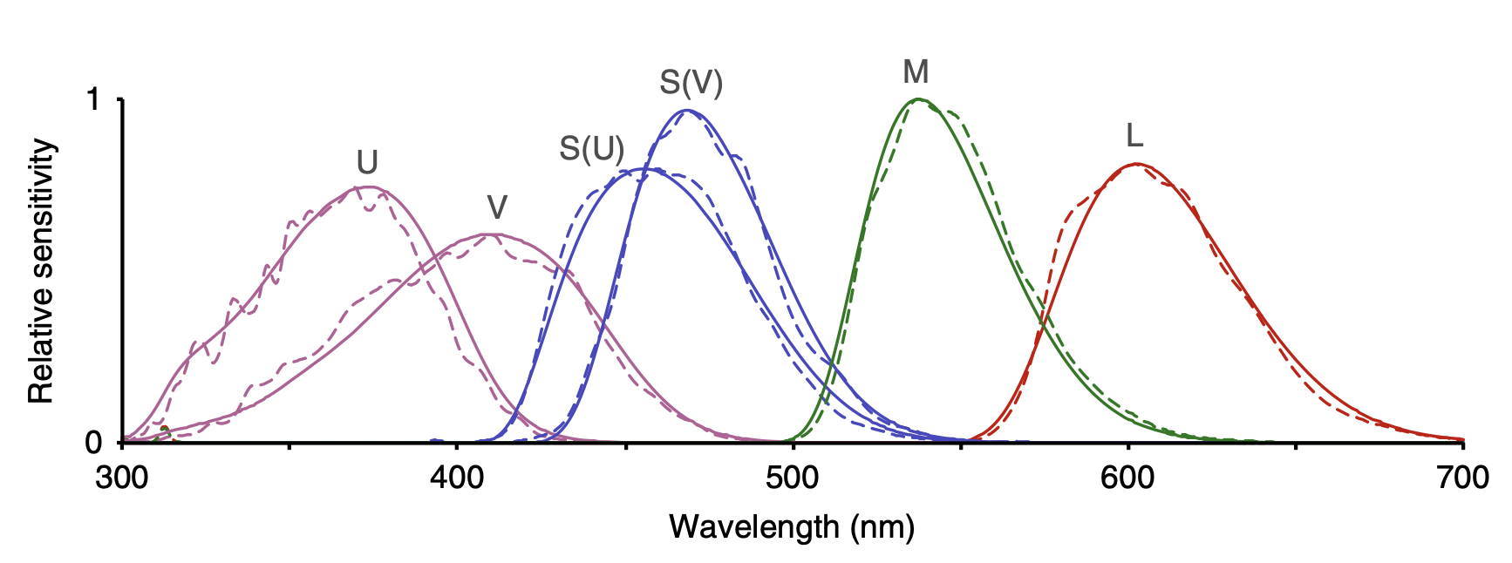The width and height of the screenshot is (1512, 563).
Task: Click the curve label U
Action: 367,163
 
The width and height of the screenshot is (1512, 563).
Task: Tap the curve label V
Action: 496,207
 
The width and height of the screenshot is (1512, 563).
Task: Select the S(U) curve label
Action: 592,150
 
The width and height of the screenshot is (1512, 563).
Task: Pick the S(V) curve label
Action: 691,83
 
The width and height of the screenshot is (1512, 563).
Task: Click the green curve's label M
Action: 916,71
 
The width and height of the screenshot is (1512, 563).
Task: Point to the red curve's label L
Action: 1134,136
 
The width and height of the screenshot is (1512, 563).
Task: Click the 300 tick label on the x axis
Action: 122,478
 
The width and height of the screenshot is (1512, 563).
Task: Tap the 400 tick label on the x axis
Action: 457,478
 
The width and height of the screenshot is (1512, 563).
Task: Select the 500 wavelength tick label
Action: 793,478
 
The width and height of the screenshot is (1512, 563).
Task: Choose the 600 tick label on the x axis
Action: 1127,478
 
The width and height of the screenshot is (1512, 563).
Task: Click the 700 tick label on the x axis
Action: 1462,478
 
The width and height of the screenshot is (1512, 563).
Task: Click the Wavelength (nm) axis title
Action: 792,526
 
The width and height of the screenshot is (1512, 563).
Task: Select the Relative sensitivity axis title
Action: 42,271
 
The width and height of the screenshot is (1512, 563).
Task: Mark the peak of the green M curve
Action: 917,99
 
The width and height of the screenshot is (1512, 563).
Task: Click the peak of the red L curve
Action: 1136,164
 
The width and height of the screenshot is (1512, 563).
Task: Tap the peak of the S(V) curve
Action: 687,110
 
